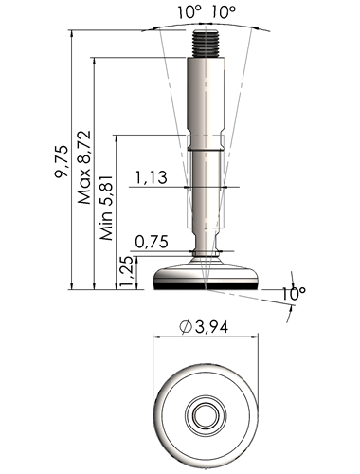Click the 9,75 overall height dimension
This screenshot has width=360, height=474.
pos(62,161)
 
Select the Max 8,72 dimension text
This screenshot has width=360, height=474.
pos(84,167)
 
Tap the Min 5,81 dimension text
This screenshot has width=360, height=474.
pos(106,207)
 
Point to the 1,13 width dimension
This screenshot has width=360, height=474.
pos(152,177)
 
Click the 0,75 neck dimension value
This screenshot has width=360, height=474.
pos(152,242)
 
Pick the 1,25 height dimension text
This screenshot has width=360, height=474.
pos(127,271)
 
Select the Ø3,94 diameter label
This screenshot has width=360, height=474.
pos(203,327)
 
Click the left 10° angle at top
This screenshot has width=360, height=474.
pos(189,12)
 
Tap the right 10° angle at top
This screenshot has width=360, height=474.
pos(224,12)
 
